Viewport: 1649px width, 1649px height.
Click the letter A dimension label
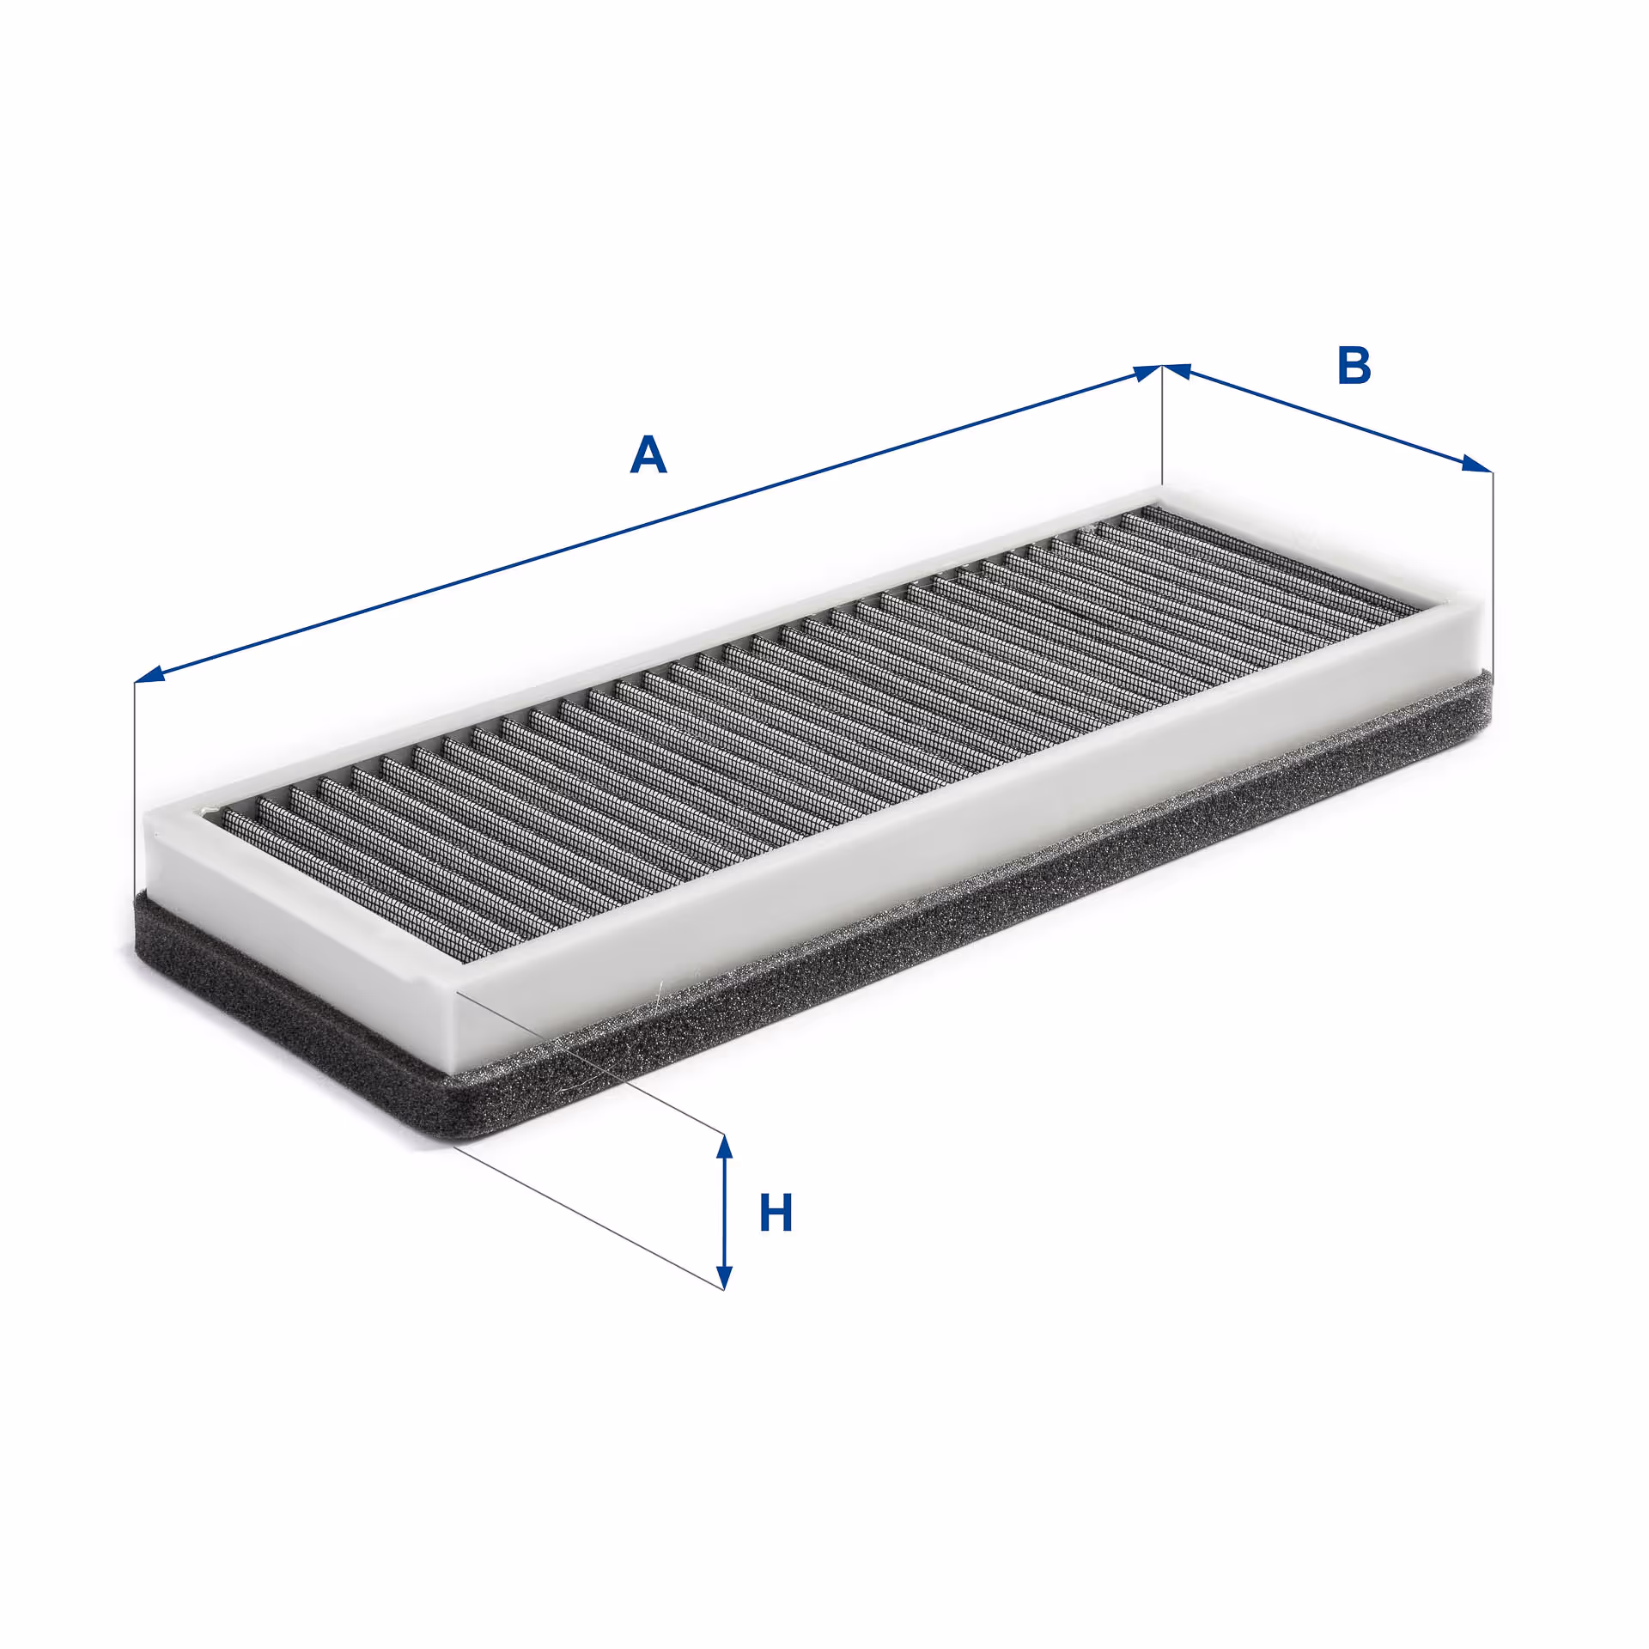(x=648, y=454)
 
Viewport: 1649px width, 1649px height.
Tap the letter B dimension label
(x=1354, y=365)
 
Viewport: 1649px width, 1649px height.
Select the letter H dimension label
(x=776, y=1214)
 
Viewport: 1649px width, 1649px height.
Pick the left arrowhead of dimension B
(x=1177, y=371)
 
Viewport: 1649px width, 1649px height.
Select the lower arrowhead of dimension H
(x=725, y=1274)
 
